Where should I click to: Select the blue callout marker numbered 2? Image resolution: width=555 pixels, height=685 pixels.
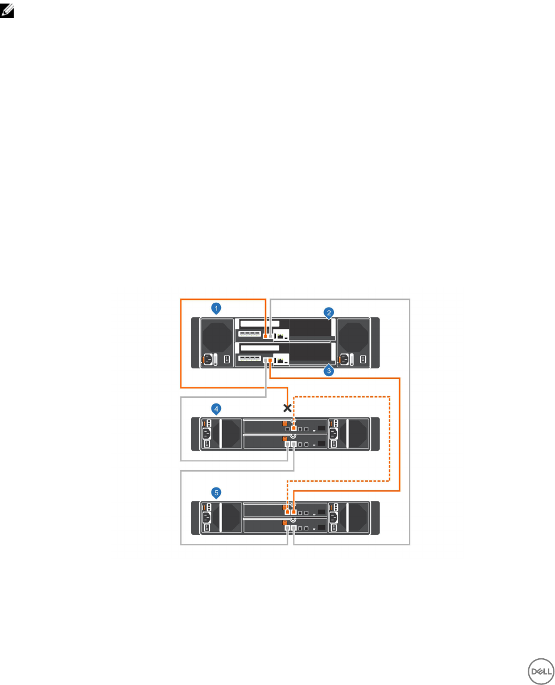point(329,312)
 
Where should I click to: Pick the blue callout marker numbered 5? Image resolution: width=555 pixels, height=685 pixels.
point(217,492)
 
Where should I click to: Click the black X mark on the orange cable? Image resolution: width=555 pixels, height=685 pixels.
point(288,408)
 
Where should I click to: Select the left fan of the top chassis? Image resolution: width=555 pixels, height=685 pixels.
point(217,336)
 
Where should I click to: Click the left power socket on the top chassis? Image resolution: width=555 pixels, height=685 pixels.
point(208,359)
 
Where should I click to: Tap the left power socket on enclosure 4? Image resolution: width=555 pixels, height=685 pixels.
point(207,434)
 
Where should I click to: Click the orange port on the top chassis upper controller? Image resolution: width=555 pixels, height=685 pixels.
point(265,336)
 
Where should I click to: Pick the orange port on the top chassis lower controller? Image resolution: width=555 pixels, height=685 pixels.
point(271,361)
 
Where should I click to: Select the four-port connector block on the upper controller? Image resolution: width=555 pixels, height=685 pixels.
point(250,335)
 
